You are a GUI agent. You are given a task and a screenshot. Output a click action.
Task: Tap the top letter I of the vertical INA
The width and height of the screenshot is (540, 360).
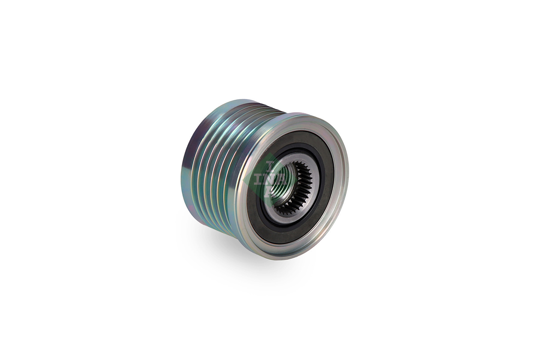(x=270, y=165)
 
